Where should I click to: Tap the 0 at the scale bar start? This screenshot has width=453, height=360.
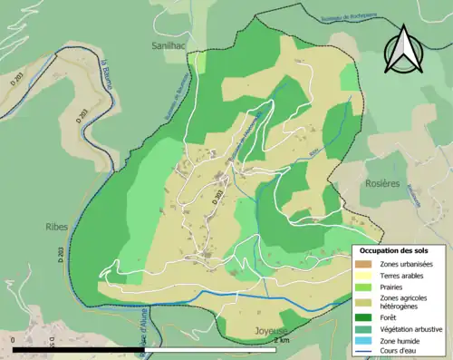point(14,341)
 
